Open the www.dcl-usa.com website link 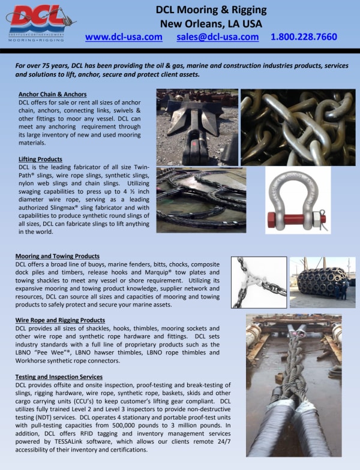124,37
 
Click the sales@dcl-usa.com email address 218,37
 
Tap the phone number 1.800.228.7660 304,37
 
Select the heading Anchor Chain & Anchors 52,95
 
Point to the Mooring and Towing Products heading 57,256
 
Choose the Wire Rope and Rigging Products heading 60,320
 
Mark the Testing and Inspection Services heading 59,376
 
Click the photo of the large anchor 197,127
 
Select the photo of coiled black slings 201,200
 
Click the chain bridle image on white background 259,282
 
